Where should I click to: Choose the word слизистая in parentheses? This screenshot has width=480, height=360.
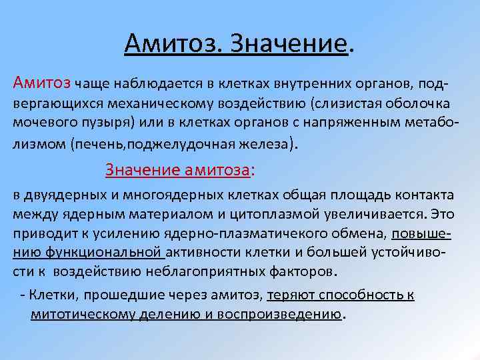coord(330,105)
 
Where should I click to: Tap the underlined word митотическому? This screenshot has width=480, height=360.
coord(78,314)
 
